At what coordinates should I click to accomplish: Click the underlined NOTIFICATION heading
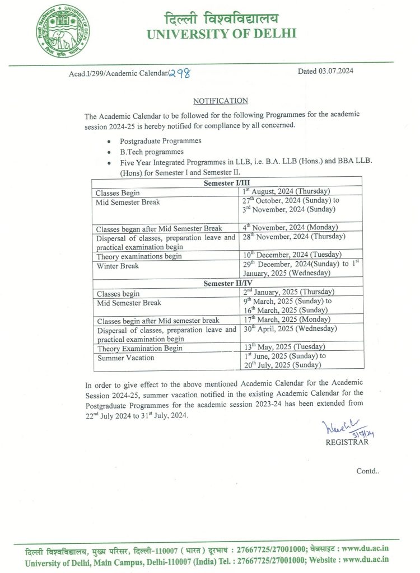click(220, 101)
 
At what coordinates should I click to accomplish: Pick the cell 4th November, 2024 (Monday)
click(290, 227)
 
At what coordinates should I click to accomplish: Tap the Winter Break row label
click(118, 266)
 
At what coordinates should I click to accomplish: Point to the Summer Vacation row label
click(125, 358)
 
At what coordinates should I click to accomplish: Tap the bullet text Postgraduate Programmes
click(160, 141)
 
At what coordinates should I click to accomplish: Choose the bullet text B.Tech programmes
click(151, 152)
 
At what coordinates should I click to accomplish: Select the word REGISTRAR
click(347, 442)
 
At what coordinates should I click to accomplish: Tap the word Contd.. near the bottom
click(368, 471)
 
